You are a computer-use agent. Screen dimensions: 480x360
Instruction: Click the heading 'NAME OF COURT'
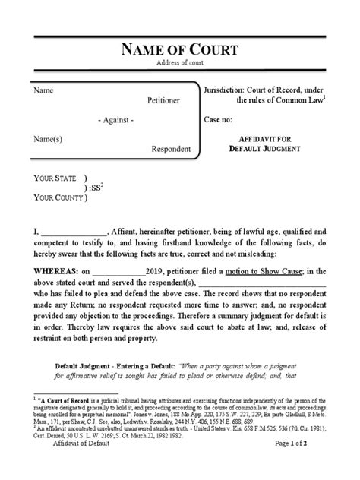[180, 50]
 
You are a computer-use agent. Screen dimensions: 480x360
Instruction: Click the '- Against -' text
[116, 121]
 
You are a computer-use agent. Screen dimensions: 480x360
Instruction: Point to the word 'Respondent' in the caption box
[171, 149]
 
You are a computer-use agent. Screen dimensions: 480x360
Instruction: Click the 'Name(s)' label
[49, 140]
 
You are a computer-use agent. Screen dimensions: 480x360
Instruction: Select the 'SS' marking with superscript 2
[96, 187]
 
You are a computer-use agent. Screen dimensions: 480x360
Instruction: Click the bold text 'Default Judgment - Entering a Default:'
[122, 363]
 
